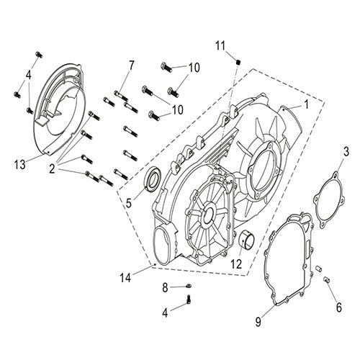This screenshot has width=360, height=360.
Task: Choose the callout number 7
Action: [131, 66]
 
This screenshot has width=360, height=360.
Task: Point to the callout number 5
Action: [128, 203]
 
